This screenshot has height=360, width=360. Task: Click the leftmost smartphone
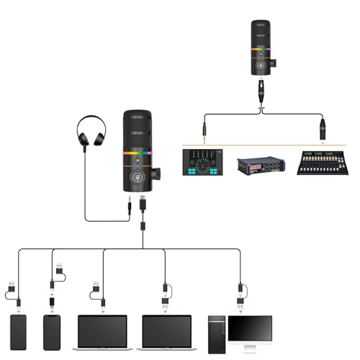(18, 332)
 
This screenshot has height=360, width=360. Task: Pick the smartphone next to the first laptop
(52, 332)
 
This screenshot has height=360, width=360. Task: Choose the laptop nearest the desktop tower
(166, 332)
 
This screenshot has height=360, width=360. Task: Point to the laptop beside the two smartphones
(102, 332)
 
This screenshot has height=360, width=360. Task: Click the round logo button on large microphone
(135, 174)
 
